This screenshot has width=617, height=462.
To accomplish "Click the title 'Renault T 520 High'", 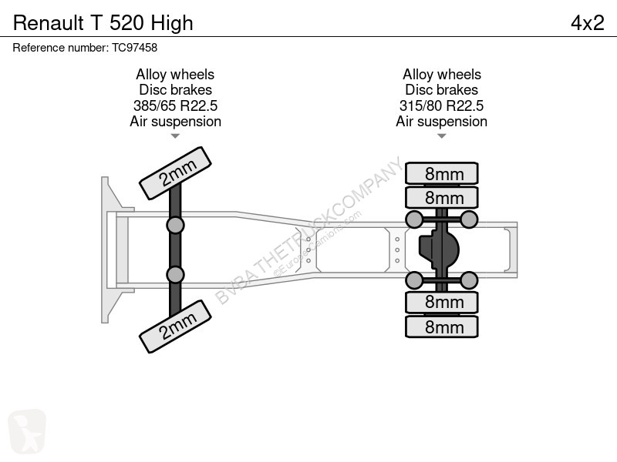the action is tap(103, 23).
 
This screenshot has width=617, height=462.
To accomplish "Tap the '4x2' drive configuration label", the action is tap(588, 23).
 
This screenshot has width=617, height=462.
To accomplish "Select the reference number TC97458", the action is tap(134, 48).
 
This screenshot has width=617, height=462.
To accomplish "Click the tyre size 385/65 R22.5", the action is tap(176, 105).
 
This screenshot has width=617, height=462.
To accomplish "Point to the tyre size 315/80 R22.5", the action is tap(441, 105).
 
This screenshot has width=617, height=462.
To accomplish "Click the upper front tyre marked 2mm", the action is tap(176, 173).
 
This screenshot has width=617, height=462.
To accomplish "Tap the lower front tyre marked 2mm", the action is tap(176, 326).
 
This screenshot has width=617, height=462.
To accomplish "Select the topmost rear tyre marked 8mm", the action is tap(442, 173).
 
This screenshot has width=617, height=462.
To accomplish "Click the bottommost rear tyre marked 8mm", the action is tap(442, 326).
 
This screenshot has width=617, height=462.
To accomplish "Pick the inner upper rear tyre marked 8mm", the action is tap(442, 198).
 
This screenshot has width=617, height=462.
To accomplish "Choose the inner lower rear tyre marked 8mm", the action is tap(442, 302).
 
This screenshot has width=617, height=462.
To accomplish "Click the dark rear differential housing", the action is tap(439, 249).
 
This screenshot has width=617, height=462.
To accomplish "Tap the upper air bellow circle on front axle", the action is tap(175, 226).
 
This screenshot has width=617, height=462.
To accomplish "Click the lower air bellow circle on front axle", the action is tap(175, 275).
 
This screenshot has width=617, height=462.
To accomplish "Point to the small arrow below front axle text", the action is tap(175, 136).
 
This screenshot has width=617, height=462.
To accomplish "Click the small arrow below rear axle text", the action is tap(441, 136).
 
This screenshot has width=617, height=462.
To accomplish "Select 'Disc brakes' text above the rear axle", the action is tap(441, 90).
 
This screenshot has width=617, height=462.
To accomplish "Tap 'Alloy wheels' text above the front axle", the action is tap(175, 74).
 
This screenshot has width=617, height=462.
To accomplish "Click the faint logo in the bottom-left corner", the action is tap(27, 431).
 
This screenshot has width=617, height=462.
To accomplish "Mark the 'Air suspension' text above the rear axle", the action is tap(441, 122).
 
